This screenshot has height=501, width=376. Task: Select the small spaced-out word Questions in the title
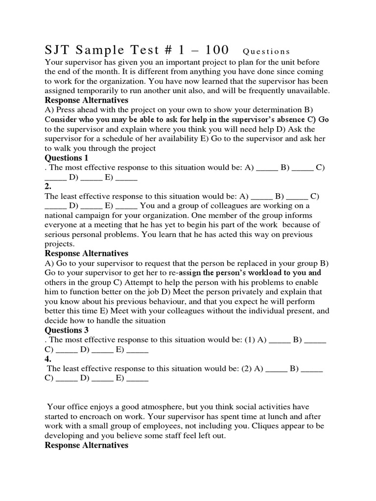click(x=266, y=51)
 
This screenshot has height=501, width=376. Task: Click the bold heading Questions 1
click(x=67, y=158)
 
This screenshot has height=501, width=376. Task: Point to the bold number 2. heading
click(x=48, y=186)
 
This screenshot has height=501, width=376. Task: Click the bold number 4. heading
click(x=48, y=359)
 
